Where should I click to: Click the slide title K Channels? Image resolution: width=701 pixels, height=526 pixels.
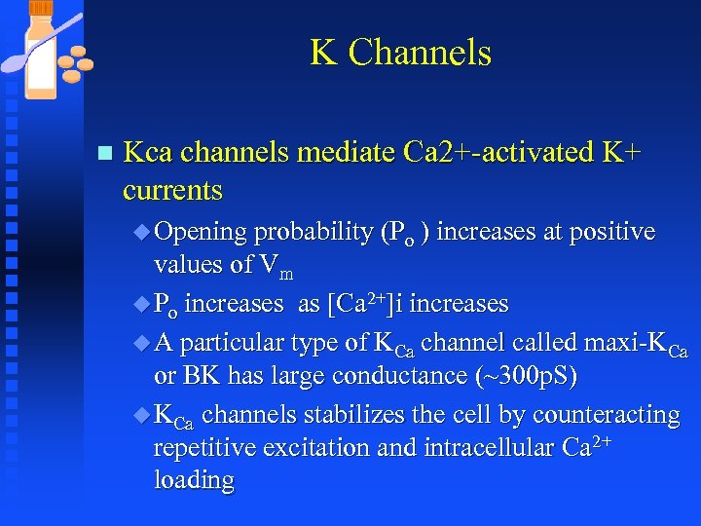click(400, 52)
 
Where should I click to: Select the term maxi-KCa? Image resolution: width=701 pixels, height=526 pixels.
click(636, 342)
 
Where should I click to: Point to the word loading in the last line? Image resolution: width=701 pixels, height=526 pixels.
click(194, 480)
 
